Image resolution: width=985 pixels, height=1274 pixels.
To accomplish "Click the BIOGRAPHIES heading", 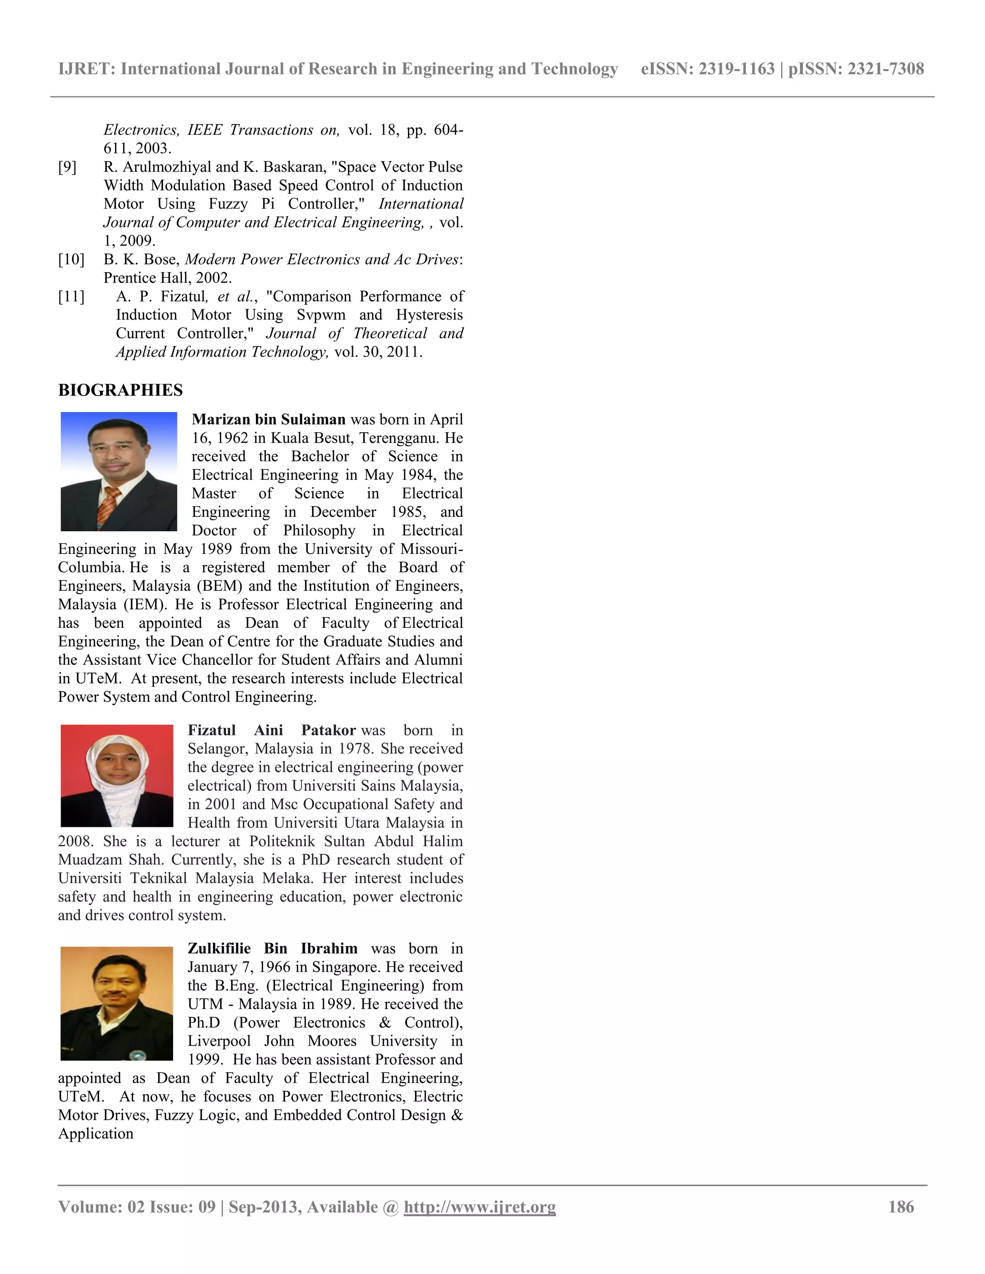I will [120, 390].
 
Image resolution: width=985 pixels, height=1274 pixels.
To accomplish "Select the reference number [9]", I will [67, 167].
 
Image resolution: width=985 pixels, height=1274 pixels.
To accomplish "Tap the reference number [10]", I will [71, 260].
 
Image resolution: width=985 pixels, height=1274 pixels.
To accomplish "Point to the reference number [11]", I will [71, 297].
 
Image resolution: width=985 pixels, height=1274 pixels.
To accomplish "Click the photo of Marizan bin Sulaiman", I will [119, 471].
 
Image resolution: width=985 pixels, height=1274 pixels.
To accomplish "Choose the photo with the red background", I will [117, 775].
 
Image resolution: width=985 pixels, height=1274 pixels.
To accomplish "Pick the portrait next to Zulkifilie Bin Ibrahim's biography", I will [117, 1003].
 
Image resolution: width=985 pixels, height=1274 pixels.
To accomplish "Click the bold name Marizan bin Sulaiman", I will [268, 419].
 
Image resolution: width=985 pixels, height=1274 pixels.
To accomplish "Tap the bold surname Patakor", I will [328, 730].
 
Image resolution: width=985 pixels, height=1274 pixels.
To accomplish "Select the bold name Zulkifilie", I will [219, 949].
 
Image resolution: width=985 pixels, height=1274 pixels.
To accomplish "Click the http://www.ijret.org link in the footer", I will [480, 1207].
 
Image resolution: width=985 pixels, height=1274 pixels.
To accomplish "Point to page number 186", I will [901, 1207].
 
